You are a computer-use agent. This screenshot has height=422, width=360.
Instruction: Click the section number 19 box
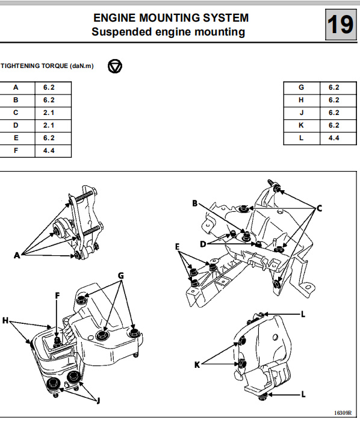[341, 25]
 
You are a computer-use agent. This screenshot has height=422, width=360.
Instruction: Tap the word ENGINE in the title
[114, 18]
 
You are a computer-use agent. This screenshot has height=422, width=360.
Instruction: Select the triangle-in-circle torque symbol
[115, 66]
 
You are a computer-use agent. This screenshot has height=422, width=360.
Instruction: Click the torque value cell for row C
[53, 113]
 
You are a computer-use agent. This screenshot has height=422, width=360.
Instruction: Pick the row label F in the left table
[16, 150]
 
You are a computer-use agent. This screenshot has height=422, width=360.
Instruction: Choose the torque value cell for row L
[338, 138]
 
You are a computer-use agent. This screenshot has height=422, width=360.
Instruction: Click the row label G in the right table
[302, 87]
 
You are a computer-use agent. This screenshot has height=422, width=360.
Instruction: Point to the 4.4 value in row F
[49, 150]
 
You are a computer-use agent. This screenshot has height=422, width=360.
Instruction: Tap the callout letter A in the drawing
[17, 255]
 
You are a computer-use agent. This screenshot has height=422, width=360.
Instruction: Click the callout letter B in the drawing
[195, 203]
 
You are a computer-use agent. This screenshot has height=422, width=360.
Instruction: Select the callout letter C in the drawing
[319, 208]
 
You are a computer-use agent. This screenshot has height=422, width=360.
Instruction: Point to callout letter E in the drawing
[177, 247]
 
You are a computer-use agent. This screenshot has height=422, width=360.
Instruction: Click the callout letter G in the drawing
[121, 276]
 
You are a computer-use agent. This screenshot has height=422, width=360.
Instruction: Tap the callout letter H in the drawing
[5, 320]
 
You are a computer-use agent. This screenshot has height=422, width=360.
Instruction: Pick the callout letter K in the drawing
[197, 365]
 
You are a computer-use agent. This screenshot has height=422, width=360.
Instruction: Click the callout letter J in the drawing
[98, 401]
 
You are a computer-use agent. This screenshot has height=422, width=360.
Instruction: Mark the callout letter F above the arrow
[57, 296]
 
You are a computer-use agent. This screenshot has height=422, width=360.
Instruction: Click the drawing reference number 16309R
[343, 412]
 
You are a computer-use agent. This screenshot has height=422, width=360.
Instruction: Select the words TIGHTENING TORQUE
[34, 66]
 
